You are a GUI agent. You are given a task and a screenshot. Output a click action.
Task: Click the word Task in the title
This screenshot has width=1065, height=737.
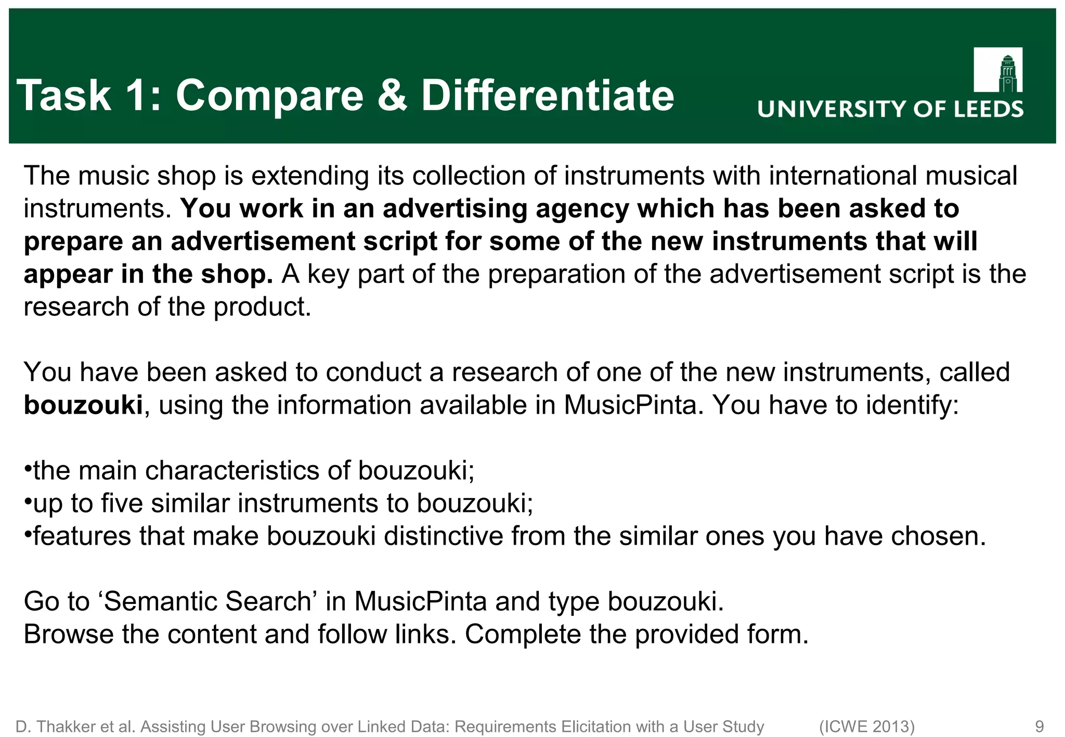coord(64,96)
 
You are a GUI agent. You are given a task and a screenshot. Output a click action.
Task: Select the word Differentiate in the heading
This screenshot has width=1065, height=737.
coord(547,96)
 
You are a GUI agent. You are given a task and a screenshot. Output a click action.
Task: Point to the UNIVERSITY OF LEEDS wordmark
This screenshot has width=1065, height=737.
coord(890,110)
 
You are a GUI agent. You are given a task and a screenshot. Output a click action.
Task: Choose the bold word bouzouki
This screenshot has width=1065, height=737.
coord(83,405)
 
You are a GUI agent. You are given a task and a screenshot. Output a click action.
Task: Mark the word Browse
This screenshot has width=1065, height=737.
coord(68,634)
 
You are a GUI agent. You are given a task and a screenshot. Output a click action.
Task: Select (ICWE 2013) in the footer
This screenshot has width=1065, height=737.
coord(866,727)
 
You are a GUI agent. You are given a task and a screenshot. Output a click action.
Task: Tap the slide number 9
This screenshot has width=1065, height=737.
coord(1040,727)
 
